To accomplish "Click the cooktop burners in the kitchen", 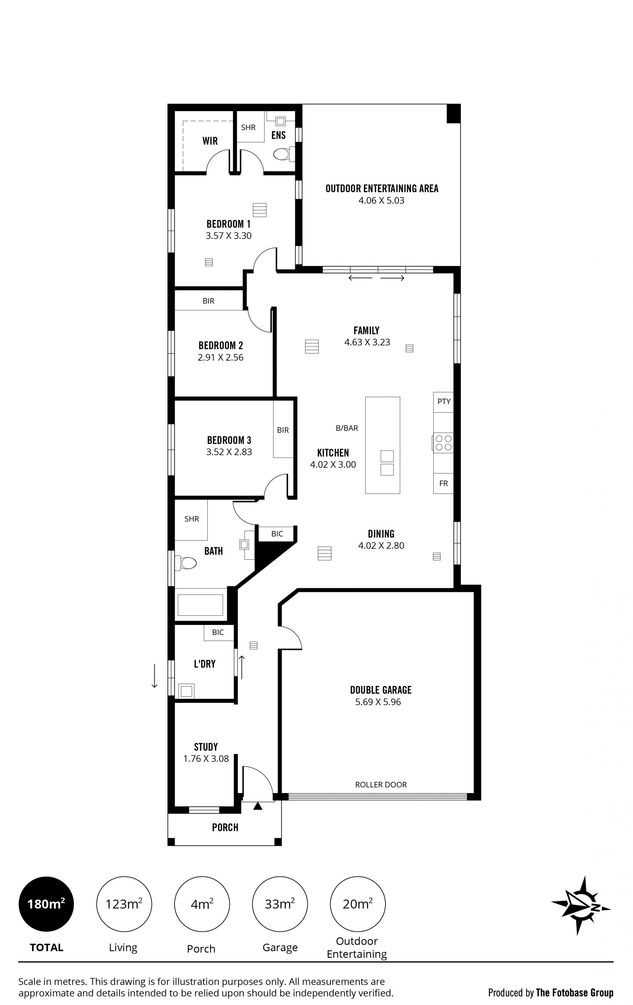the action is [x=443, y=443].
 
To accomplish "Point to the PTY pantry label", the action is [x=443, y=401].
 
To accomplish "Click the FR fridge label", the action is [x=443, y=483].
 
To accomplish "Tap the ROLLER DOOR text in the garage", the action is [x=381, y=784].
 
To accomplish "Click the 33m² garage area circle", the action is [x=280, y=904].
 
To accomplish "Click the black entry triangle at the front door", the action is [x=257, y=806].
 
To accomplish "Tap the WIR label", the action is [x=210, y=141].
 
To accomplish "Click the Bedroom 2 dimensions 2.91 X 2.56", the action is [x=221, y=357].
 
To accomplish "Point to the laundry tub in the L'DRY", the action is [x=186, y=691].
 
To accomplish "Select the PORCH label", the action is [x=225, y=828].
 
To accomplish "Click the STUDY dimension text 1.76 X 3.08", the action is [x=206, y=759].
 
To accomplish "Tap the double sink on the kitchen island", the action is [x=387, y=463].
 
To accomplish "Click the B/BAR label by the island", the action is [x=347, y=428].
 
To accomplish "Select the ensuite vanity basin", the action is [x=280, y=121].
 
